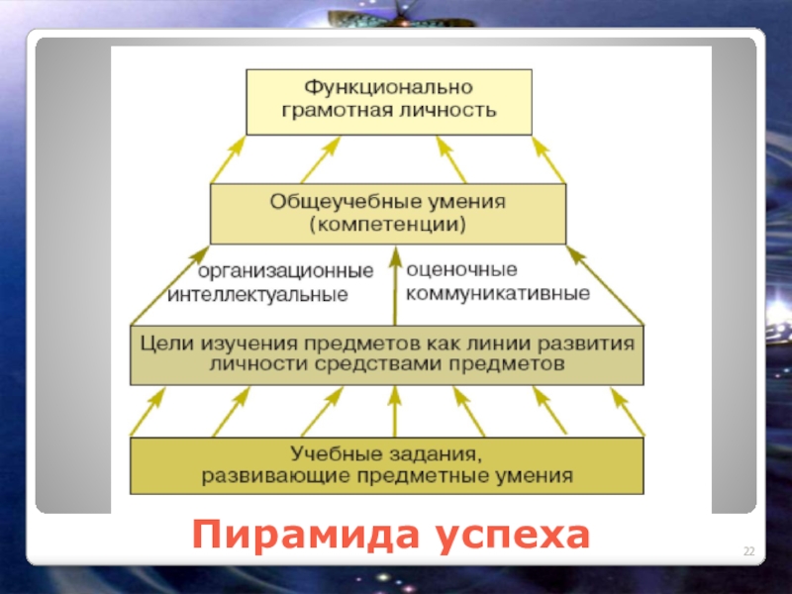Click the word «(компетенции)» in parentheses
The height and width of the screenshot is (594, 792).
(388, 225)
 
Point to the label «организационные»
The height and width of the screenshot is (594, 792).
(286, 270)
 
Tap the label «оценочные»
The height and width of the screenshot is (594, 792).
(462, 268)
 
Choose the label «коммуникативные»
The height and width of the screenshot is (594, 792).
(499, 293)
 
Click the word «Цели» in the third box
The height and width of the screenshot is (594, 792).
(163, 344)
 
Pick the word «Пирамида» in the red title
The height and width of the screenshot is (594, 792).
(298, 535)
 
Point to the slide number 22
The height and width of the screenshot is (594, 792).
(748, 550)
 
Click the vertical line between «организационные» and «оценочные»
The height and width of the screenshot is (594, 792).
(396, 287)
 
